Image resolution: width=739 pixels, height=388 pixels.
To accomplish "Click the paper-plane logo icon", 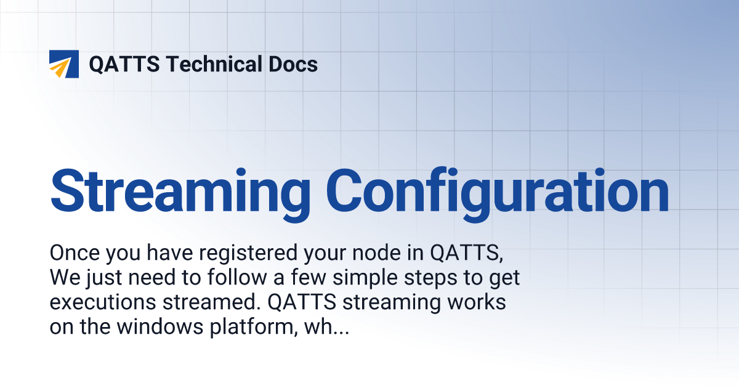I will (64, 64).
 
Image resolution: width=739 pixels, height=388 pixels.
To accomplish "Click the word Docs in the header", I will (294, 64).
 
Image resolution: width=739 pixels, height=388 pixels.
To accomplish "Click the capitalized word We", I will (63, 278).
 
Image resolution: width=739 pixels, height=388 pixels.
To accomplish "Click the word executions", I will (102, 302).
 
